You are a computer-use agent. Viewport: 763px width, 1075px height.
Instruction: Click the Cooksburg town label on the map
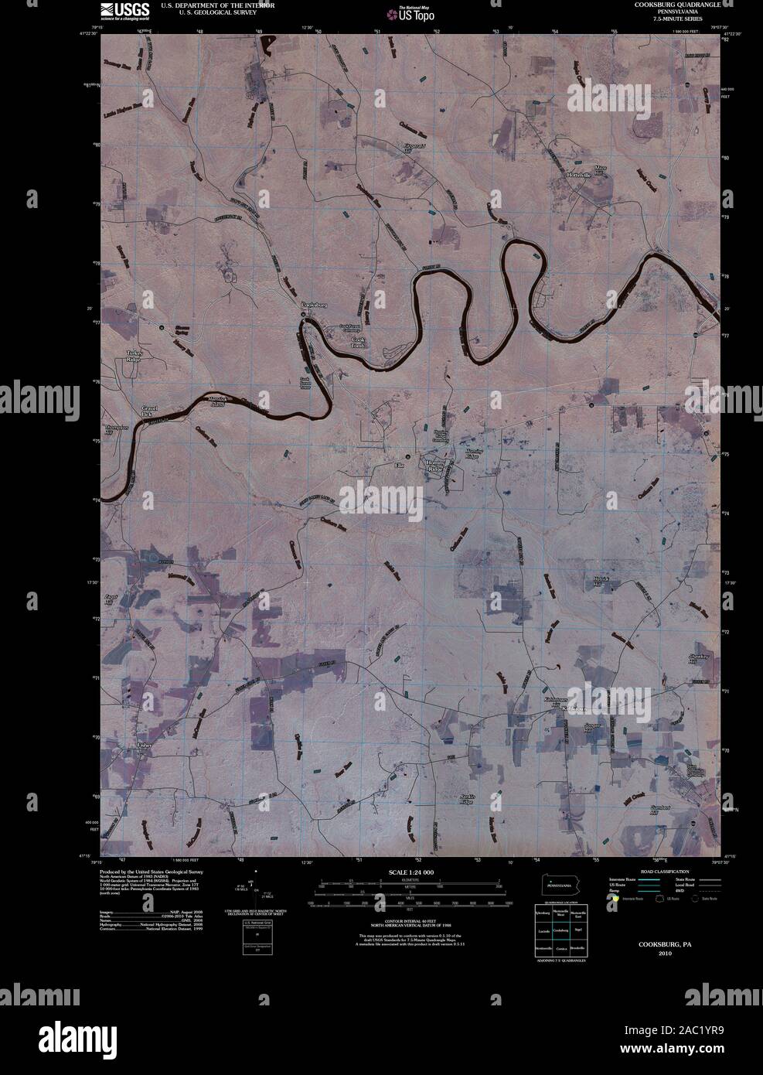314,305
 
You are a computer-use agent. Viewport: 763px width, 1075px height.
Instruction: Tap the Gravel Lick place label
149,411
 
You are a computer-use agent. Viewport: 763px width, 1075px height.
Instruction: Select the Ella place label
400,465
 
